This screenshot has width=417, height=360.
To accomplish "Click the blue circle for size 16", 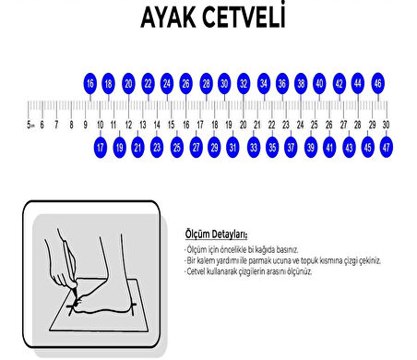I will pyautogui.click(x=89, y=83).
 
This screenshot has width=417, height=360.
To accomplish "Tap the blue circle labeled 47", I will pyautogui.click(x=386, y=146).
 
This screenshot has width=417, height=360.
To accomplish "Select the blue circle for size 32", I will pyautogui.click(x=244, y=83).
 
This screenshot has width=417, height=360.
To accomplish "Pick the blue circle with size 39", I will pyautogui.click(x=310, y=146).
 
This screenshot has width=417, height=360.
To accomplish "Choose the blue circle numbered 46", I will pyautogui.click(x=377, y=83).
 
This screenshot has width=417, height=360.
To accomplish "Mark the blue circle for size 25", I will pyautogui.click(x=176, y=146).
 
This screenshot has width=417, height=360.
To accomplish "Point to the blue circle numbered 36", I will pyautogui.click(x=282, y=83).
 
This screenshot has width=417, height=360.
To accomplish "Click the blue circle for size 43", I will pyautogui.click(x=349, y=146).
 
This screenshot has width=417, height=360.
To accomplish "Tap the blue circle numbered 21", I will pyautogui.click(x=137, y=146).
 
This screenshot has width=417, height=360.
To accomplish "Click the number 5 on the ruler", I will pyautogui.click(x=29, y=124).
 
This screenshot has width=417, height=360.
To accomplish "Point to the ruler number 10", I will pyautogui.click(x=100, y=124).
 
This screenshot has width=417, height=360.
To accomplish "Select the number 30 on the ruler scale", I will pyautogui.click(x=386, y=124).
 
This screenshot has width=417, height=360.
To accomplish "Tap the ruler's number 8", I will pyautogui.click(x=71, y=124).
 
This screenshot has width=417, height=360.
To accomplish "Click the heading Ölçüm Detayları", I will pyautogui.click(x=202, y=235).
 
